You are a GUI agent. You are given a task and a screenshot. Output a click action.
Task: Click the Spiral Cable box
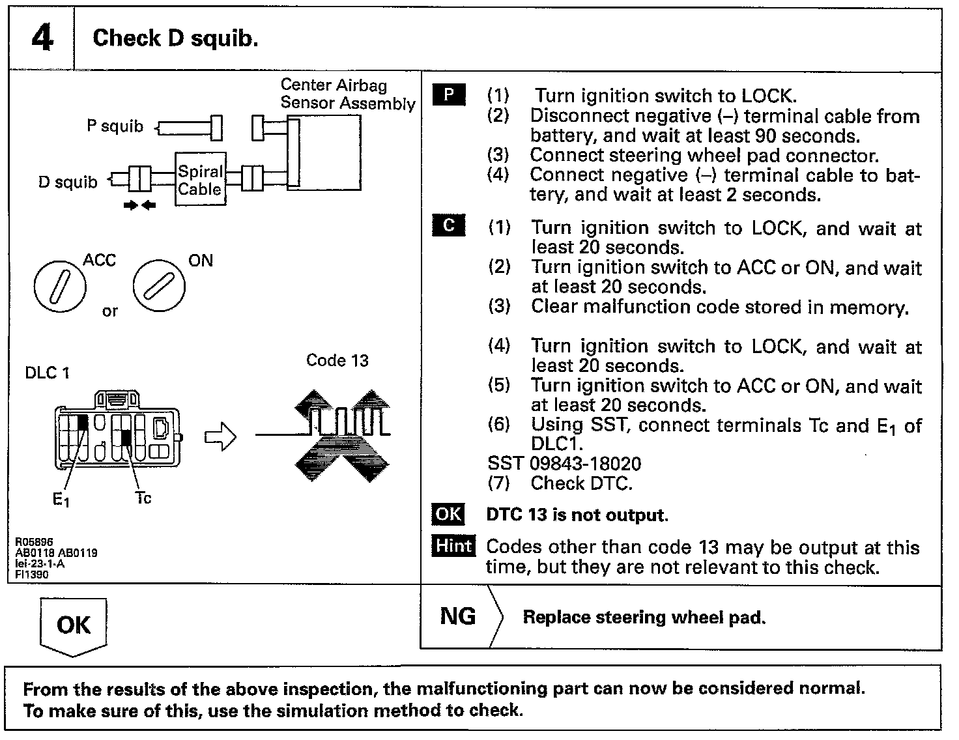point(201,180)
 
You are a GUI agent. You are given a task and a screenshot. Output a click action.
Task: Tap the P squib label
point(115,126)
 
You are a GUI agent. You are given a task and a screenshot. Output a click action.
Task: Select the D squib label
point(67,182)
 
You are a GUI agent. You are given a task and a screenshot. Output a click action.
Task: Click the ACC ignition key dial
point(59,286)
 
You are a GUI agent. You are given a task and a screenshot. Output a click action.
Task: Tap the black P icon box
point(448,95)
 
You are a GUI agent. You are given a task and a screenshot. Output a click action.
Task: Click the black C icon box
point(448,226)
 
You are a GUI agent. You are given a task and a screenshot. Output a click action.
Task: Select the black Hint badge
point(453,545)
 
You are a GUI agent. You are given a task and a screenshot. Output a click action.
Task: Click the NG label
point(458,616)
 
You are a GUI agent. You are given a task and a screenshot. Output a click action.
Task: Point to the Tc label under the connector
point(143,498)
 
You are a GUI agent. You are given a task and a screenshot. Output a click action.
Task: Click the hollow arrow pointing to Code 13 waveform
point(220,437)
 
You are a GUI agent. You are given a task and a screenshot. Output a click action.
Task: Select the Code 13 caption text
point(337,361)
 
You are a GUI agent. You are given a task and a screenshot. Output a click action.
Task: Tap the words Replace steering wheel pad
point(644,618)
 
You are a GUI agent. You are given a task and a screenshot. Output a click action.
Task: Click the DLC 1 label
point(47,373)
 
